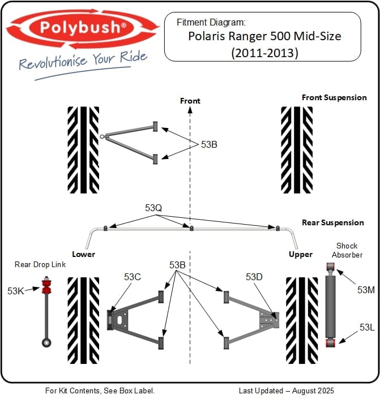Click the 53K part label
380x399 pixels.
(15, 290)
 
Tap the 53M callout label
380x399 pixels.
(366, 290)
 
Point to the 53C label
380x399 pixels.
(132, 277)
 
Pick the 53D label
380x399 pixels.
(254, 277)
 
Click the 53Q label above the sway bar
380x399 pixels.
(153, 208)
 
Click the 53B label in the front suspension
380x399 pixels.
(209, 144)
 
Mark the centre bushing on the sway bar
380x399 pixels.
(191, 229)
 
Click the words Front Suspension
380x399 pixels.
(334, 97)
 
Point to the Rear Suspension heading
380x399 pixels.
(333, 222)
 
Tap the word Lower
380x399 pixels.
(83, 254)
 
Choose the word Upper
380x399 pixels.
(300, 254)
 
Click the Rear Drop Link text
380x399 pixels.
(40, 264)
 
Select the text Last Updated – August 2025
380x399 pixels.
(286, 391)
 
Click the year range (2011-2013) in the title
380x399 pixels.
(265, 53)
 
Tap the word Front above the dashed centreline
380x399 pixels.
(190, 101)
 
